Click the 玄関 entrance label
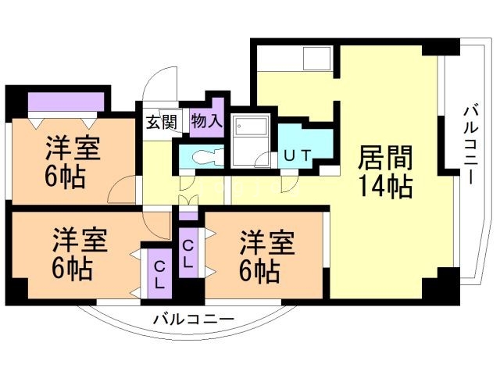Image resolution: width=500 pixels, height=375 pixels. click(x=162, y=122)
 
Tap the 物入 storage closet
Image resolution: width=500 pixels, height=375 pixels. click(x=207, y=122)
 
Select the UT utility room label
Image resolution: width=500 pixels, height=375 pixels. click(x=298, y=155)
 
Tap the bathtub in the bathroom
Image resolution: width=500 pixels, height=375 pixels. click(x=251, y=141)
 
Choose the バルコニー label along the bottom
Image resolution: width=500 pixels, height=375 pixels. click(x=193, y=319)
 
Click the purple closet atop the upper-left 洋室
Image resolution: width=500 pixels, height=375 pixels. click(x=66, y=102)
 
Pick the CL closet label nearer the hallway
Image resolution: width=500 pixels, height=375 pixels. click(x=187, y=254)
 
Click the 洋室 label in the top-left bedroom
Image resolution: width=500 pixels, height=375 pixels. click(x=72, y=148)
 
